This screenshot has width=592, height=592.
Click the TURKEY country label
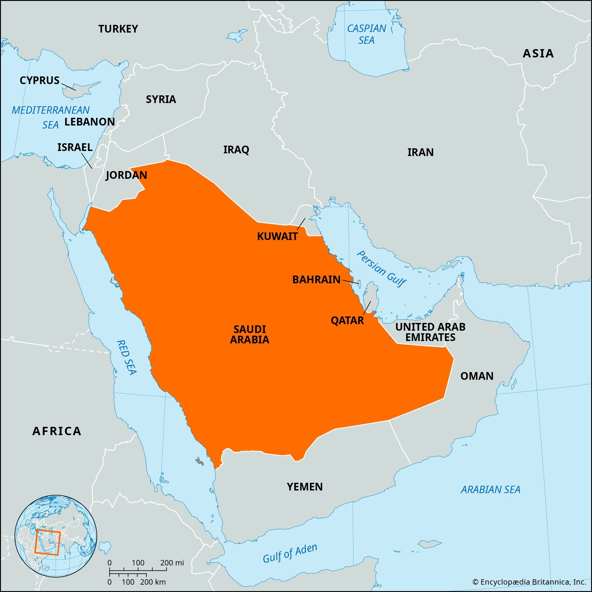(x=118, y=29)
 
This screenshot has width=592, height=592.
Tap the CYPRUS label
(x=40, y=80)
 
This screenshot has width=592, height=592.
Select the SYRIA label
(x=161, y=99)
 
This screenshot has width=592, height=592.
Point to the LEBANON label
(x=89, y=122)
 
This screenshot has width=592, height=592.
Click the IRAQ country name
(x=236, y=150)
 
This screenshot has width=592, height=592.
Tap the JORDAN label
(x=126, y=175)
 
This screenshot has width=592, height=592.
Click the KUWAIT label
(x=277, y=237)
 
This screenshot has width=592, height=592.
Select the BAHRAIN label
(x=316, y=279)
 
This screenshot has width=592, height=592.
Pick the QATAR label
(x=347, y=321)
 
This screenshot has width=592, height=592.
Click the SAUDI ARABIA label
(x=250, y=334)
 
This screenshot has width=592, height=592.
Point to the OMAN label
(x=477, y=376)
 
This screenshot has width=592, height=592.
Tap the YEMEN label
(x=305, y=487)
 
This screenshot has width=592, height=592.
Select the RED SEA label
(x=126, y=357)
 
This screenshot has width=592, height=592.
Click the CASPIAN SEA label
(x=366, y=34)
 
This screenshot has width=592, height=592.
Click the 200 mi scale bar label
(x=172, y=563)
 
